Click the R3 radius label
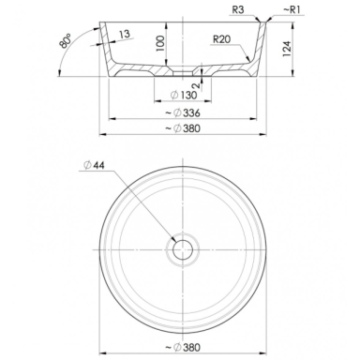point(238,9)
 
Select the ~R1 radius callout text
point(292,9)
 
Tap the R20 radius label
point(221,39)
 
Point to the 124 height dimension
point(287,49)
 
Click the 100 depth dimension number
point(159,43)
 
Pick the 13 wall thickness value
point(125,34)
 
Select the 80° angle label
point(66,41)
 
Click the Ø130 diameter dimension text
point(185,95)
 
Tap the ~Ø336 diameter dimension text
point(183,112)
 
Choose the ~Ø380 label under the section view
point(183,128)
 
